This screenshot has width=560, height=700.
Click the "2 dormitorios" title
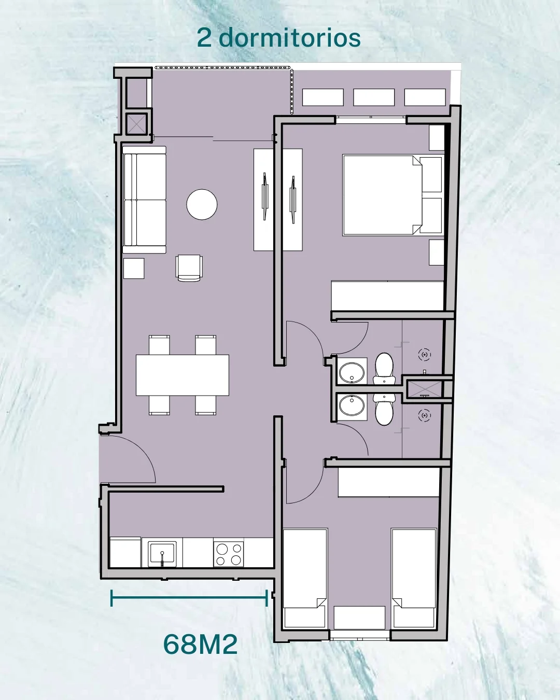[x=279, y=38]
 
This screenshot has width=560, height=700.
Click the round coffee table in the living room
[x=202, y=204]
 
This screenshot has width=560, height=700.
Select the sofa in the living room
[x=144, y=200]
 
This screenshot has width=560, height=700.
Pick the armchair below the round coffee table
[x=189, y=268]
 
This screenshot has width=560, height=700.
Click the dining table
[x=182, y=375]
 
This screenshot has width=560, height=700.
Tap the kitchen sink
[x=162, y=554]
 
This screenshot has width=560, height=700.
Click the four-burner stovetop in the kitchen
[x=229, y=554]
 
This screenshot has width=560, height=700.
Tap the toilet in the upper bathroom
[x=384, y=369]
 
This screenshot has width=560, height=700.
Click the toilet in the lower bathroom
[x=384, y=409]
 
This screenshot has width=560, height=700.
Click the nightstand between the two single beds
[x=359, y=617]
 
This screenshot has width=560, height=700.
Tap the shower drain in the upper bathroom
[x=424, y=355]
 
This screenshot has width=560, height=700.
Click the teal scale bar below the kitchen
[x=189, y=597]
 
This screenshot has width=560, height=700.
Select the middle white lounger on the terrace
[x=374, y=97]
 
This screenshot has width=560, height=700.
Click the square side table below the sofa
[x=134, y=269]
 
